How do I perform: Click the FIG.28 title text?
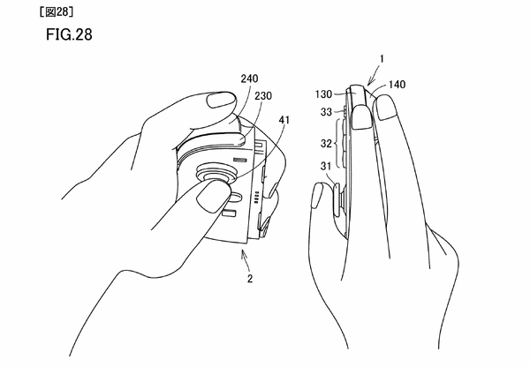(x=69, y=34)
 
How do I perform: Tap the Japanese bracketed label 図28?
(x=57, y=12)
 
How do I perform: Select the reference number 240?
(x=249, y=79)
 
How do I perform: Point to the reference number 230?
(x=263, y=96)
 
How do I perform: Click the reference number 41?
(x=284, y=120)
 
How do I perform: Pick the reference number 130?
(x=324, y=94)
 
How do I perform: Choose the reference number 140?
(x=397, y=85)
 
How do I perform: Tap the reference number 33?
(x=326, y=112)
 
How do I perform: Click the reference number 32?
(x=326, y=144)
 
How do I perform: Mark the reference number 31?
(x=326, y=166)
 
